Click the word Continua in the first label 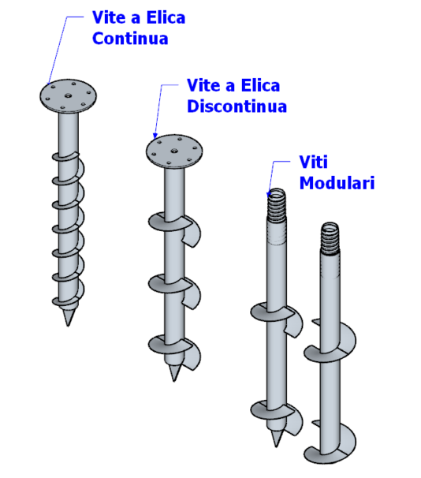coord(130,39)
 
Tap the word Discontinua coord(237,106)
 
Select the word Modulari coord(337,183)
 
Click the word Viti coord(314,162)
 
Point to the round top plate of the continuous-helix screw coord(68,95)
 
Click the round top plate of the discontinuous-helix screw coord(174,151)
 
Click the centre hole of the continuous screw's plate coord(68,95)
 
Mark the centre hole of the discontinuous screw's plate coord(174,151)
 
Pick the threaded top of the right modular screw coord(330,238)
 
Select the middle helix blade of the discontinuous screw coord(174,291)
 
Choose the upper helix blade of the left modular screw coord(277,319)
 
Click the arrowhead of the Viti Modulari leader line coord(269,194)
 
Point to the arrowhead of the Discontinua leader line coord(155,136)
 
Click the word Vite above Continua coord(109,17)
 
